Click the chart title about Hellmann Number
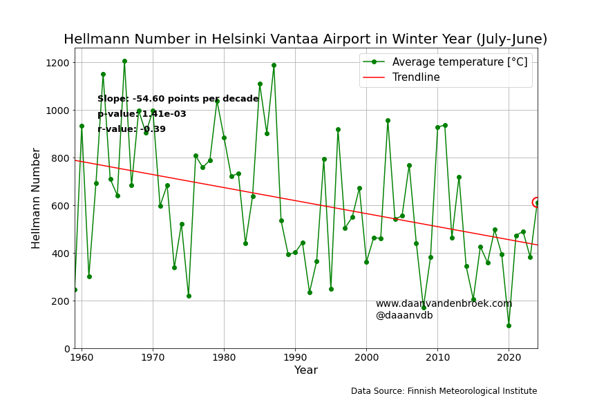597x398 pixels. tap(305, 39)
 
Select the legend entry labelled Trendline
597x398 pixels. tap(401, 77)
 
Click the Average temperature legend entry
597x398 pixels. tap(445, 62)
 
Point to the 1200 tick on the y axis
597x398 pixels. tap(57, 63)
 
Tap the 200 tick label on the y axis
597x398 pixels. tap(61, 301)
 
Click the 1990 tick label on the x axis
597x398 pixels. tap(295, 358)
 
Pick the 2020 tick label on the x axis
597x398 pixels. tap(509, 358)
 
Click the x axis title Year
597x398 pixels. tap(306, 370)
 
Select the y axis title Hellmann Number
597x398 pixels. tap(35, 198)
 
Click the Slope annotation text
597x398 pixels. tap(178, 99)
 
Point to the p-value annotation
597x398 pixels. tap(142, 114)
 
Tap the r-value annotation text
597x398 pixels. tap(131, 129)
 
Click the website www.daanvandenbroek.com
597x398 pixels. tap(444, 303)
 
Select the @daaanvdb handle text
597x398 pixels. tap(404, 315)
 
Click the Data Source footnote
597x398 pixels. tap(444, 391)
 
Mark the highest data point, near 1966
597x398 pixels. tap(124, 61)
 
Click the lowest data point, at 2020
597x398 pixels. tap(509, 326)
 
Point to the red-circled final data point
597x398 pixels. tap(537, 202)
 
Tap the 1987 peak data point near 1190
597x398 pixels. tap(274, 66)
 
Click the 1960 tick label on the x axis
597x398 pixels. tap(82, 358)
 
